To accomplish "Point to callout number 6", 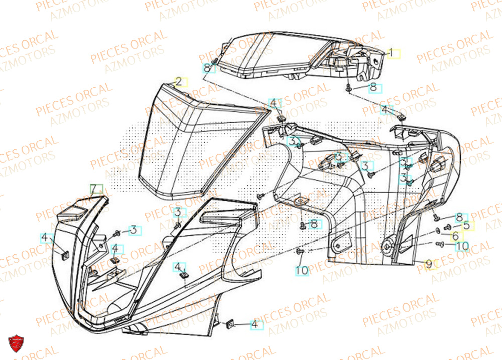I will [x=455, y=235].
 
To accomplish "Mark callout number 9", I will [x=429, y=263].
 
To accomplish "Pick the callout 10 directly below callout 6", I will [x=462, y=246].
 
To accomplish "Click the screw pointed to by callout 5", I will [x=444, y=228].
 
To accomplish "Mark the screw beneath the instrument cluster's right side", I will [x=348, y=88].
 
